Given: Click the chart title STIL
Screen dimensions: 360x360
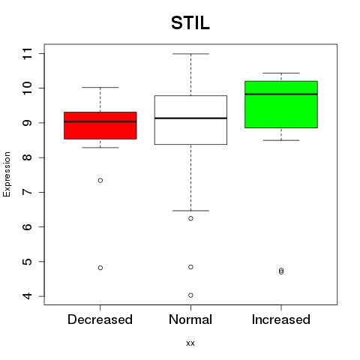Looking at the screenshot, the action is click(190, 23).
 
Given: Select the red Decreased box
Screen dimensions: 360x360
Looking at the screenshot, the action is click(100, 125).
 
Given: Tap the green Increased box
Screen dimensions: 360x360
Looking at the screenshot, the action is click(281, 104).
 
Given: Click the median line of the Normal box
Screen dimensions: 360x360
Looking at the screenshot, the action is click(190, 118).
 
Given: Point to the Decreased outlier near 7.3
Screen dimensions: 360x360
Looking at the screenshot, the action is click(100, 180).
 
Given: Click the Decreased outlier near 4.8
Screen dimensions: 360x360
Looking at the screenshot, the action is click(100, 268).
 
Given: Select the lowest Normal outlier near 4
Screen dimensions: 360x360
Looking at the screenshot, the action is click(190, 295).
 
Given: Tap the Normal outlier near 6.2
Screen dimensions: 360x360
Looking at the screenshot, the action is click(190, 218).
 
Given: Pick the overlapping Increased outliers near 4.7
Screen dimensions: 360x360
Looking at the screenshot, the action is click(281, 271).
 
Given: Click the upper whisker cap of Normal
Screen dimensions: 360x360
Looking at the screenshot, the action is click(190, 54).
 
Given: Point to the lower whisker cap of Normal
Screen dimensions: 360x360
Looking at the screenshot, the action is click(190, 211).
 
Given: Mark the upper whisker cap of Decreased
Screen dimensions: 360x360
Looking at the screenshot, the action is click(100, 88).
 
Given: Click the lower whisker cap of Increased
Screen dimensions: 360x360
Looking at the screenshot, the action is click(281, 140).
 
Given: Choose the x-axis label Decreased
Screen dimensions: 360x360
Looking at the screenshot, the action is click(100, 319).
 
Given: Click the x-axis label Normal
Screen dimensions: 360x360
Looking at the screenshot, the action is click(190, 319).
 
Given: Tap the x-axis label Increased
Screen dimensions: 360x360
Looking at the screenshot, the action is click(281, 319).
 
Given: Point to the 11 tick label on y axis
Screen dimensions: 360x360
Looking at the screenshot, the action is click(27, 53).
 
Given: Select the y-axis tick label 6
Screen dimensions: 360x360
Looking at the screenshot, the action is click(27, 226).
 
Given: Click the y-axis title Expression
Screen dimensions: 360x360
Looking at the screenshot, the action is click(7, 174).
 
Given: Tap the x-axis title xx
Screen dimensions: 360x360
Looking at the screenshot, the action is click(190, 343).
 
